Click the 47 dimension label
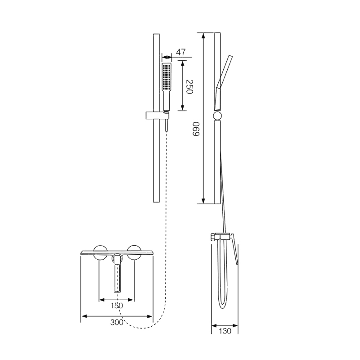[x=181, y=52]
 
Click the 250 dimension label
[x=189, y=86]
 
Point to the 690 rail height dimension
[x=196, y=129]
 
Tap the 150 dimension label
[x=117, y=306]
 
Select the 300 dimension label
[x=117, y=322]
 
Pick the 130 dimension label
[x=225, y=331]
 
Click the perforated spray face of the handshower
[x=166, y=76]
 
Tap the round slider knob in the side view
[x=217, y=116]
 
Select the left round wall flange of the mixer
[x=100, y=252]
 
